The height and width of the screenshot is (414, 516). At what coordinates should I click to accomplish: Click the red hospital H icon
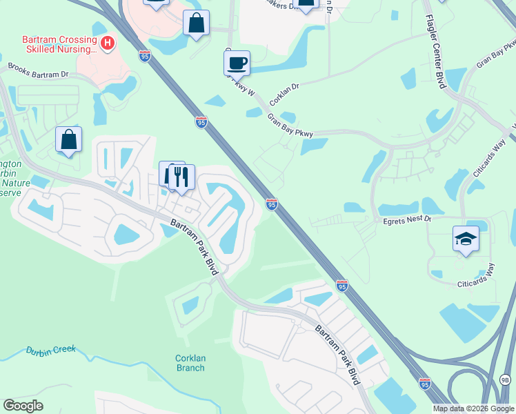[108, 44]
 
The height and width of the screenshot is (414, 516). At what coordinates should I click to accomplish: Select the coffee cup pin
[237, 63]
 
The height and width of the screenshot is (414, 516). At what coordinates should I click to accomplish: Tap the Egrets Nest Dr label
[407, 219]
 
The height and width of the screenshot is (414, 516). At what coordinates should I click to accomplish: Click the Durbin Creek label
[50, 350]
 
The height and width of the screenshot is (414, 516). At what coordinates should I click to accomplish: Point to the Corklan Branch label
[190, 362]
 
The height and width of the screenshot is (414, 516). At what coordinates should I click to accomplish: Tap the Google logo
[23, 406]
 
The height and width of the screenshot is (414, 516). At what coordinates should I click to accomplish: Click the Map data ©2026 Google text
[473, 408]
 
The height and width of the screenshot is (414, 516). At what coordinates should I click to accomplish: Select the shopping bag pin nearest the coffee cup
[197, 23]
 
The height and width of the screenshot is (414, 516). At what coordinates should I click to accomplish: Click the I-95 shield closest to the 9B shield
[425, 383]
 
